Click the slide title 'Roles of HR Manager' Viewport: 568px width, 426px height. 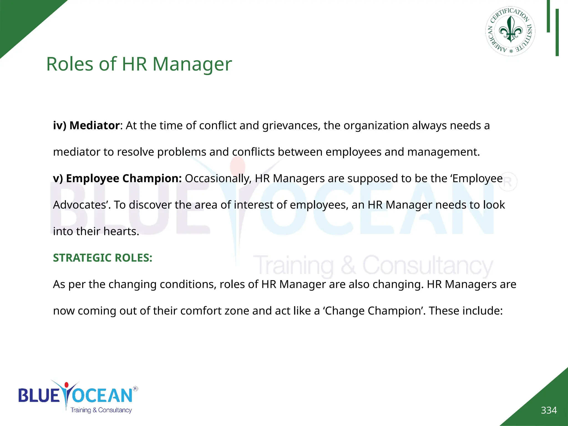[x=139, y=64]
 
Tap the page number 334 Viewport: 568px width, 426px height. [x=549, y=410]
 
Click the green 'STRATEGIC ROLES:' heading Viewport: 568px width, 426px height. [x=103, y=258]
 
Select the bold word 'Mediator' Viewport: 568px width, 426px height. [x=94, y=126]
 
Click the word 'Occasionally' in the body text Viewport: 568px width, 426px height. [x=218, y=179]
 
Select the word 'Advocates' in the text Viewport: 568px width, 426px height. [x=82, y=205]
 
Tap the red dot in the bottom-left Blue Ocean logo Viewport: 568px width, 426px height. [x=66, y=385]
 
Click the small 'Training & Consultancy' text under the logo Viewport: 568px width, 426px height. [x=101, y=410]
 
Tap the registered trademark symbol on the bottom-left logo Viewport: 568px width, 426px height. [x=135, y=389]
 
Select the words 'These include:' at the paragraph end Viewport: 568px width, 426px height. [x=466, y=311]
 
